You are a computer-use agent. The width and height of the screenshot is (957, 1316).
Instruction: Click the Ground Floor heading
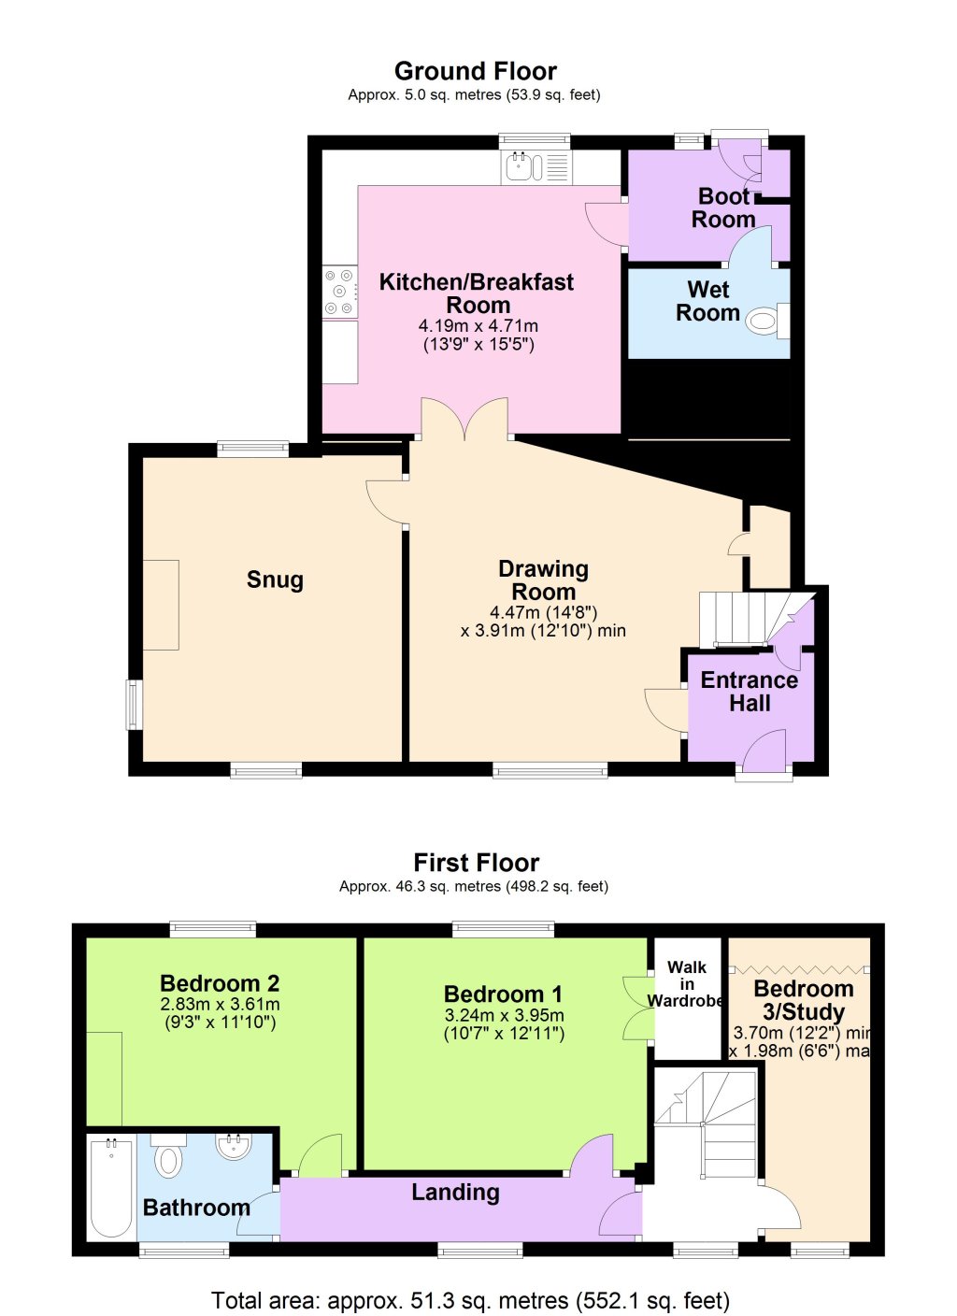[x=476, y=71]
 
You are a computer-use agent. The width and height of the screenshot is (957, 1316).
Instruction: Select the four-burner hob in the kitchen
[x=339, y=292]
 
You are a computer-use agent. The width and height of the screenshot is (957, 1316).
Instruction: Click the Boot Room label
[x=723, y=208]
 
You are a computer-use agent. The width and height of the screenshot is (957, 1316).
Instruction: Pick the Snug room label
[x=275, y=579]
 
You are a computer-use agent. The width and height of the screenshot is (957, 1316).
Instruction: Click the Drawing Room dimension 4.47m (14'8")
[x=543, y=613]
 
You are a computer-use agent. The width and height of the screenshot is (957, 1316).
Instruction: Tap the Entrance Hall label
[x=749, y=692]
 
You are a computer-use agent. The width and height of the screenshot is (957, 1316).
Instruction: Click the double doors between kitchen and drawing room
[x=465, y=420]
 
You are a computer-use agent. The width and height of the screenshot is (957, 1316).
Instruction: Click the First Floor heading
[x=476, y=863]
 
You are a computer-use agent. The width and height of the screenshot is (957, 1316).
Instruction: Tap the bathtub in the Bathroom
[x=111, y=1186]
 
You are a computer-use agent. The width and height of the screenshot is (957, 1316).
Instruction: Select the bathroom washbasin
[x=234, y=1146]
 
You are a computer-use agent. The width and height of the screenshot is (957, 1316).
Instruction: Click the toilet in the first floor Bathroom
[x=168, y=1157]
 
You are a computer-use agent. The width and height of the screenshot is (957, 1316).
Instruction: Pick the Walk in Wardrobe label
[x=687, y=984]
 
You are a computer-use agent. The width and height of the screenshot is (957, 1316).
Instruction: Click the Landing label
[x=455, y=1193]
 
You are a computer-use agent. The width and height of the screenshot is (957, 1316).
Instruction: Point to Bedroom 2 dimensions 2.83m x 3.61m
[x=220, y=1004]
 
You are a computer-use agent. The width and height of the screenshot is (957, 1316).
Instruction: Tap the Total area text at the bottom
[x=470, y=1300]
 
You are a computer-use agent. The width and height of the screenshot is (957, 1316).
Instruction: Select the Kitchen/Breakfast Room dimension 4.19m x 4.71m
[x=478, y=326]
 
